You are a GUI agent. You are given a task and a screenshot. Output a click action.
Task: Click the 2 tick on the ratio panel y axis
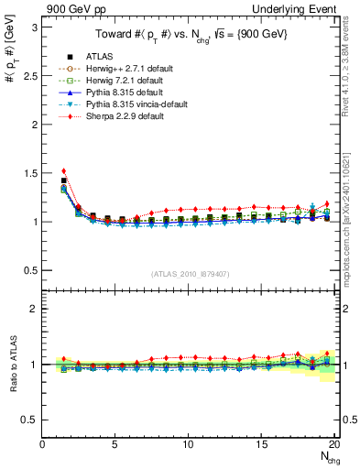[x=35, y=309]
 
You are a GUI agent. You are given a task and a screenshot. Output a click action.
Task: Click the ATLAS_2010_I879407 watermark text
[x=190, y=273]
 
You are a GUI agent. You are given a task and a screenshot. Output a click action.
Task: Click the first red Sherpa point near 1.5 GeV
[x=63, y=170]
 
